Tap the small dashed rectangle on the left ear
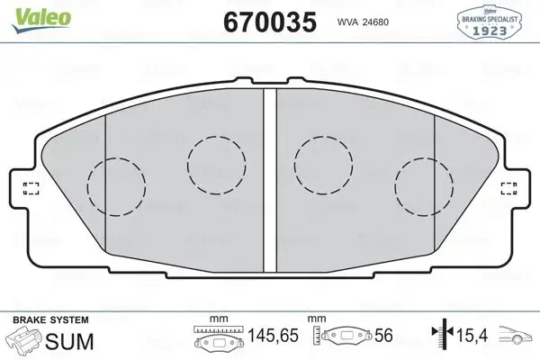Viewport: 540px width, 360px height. tap(30, 188)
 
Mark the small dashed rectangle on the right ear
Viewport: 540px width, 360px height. tap(508, 188)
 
